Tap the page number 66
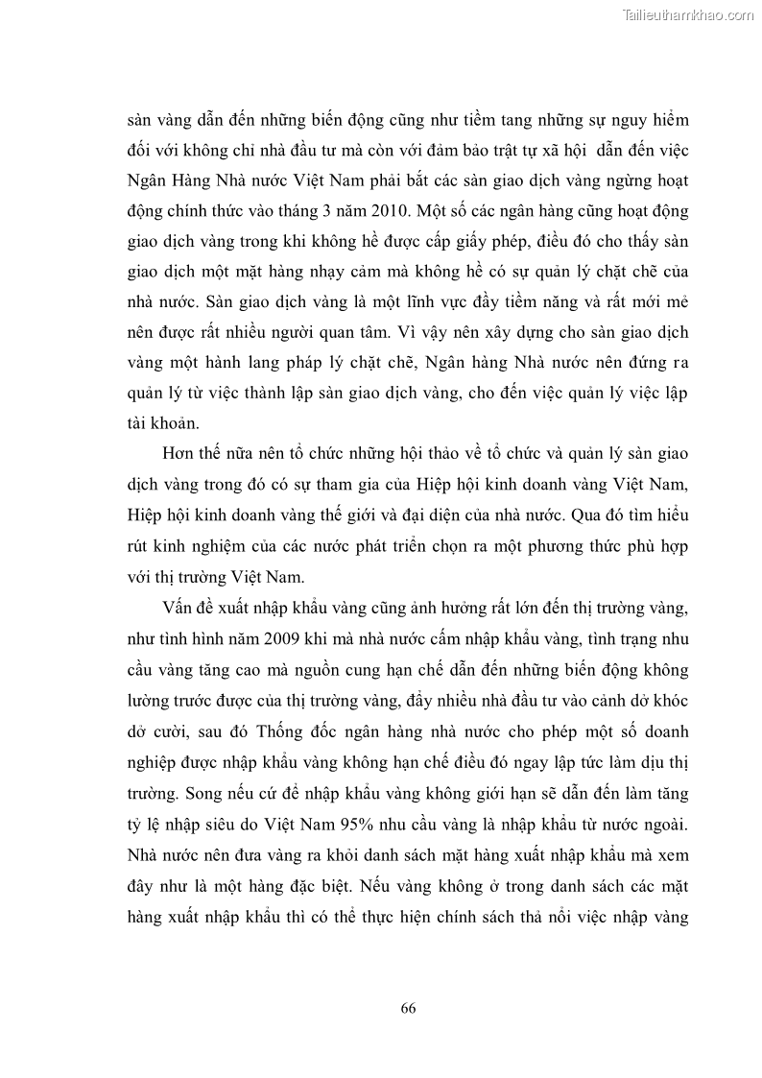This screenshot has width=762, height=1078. [408, 1007]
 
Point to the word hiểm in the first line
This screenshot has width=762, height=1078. [665, 121]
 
